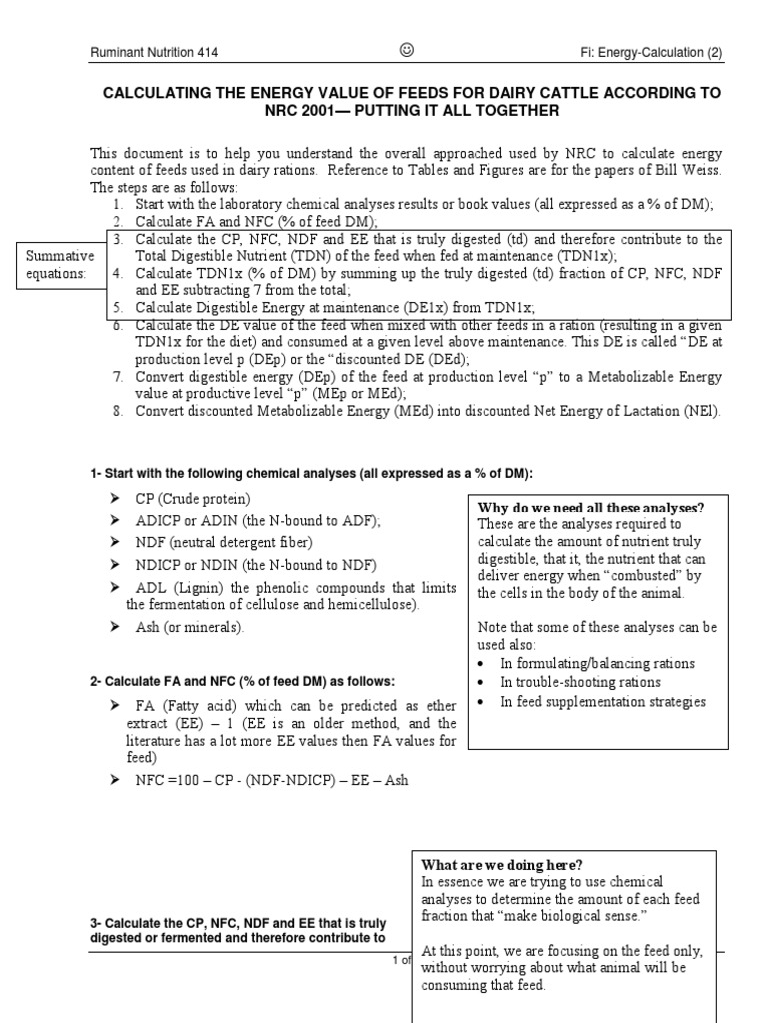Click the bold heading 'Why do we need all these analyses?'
591,508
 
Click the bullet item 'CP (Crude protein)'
193,499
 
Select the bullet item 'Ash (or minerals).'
189,627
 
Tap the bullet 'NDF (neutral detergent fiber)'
224,542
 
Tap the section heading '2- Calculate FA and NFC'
242,681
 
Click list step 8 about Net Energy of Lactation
427,411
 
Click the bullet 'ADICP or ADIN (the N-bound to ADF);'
258,520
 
